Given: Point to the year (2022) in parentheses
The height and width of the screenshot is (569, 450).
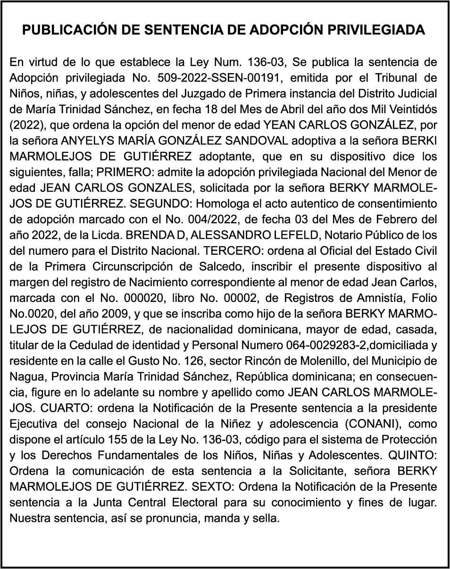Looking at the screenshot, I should tap(26, 125).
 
